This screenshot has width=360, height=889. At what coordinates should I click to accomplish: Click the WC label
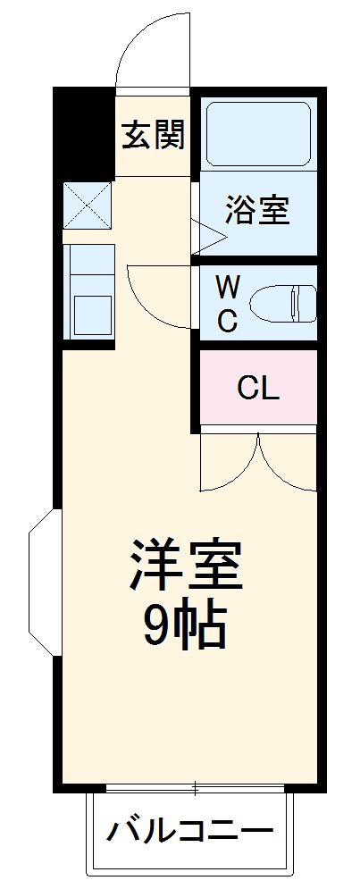click(x=228, y=304)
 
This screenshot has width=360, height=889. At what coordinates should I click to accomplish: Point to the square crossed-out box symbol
click(x=88, y=205)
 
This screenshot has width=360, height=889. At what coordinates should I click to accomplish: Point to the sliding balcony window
click(x=196, y=789)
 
